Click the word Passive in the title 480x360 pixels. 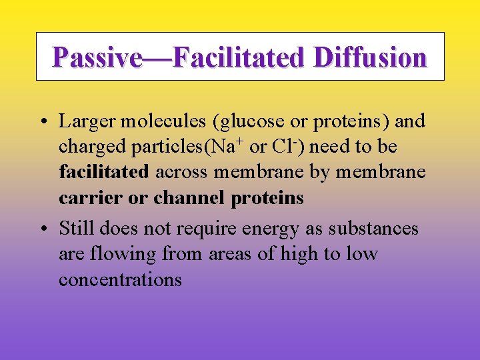pos(97,57)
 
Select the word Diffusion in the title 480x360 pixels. pos(370,57)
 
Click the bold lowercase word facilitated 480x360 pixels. pos(104,172)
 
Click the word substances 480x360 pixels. pos(381,229)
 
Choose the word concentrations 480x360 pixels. pos(120,279)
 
